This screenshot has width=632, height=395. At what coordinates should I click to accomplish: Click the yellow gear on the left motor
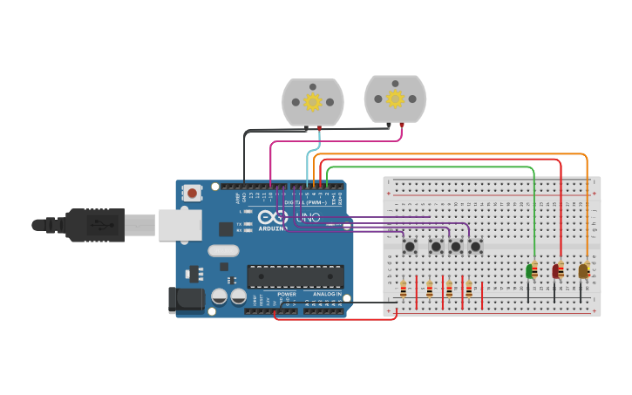312,103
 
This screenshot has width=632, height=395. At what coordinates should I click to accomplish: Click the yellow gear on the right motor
395,99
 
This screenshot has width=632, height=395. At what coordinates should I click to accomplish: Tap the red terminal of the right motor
401,125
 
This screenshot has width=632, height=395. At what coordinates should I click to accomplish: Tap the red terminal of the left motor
319,129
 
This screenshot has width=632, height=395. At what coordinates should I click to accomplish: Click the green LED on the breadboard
531,271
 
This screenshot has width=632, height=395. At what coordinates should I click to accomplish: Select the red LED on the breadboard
557,271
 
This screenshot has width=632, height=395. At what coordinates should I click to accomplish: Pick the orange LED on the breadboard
583,271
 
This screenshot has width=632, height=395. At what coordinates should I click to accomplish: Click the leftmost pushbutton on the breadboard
410,247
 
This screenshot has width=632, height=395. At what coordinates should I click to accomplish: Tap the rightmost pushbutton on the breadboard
475,247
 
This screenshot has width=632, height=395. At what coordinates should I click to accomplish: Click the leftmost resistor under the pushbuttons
403,289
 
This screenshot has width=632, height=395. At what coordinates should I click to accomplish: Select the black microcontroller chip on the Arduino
295,276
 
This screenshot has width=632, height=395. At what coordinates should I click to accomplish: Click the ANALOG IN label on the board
327,294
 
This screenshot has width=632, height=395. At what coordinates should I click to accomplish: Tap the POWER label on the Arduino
287,294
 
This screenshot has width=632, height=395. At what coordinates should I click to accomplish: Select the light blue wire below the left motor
308,166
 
